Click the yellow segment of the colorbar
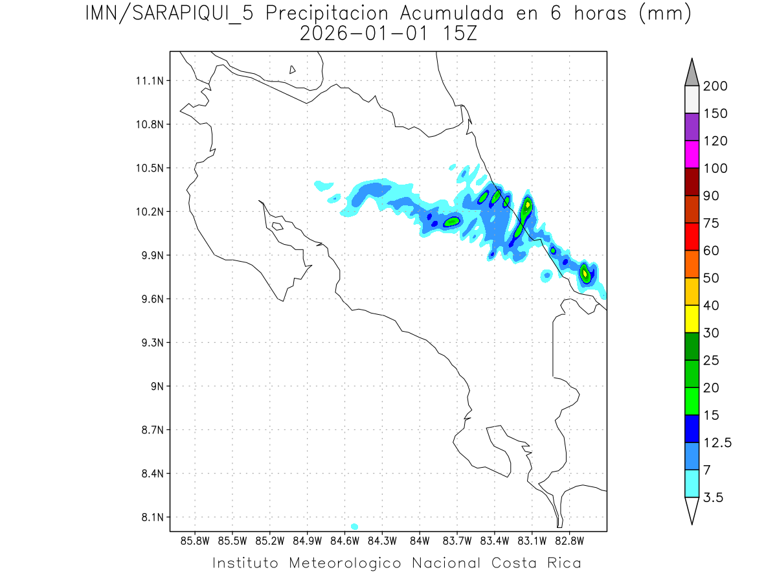pyautogui.click(x=692, y=319)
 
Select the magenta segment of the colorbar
pyautogui.click(x=692, y=154)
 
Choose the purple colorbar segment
pyautogui.click(x=692, y=127)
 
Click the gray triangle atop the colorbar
pyautogui.click(x=692, y=73)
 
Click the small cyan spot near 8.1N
pyautogui.click(x=354, y=526)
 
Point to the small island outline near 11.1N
pyautogui.click(x=293, y=70)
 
